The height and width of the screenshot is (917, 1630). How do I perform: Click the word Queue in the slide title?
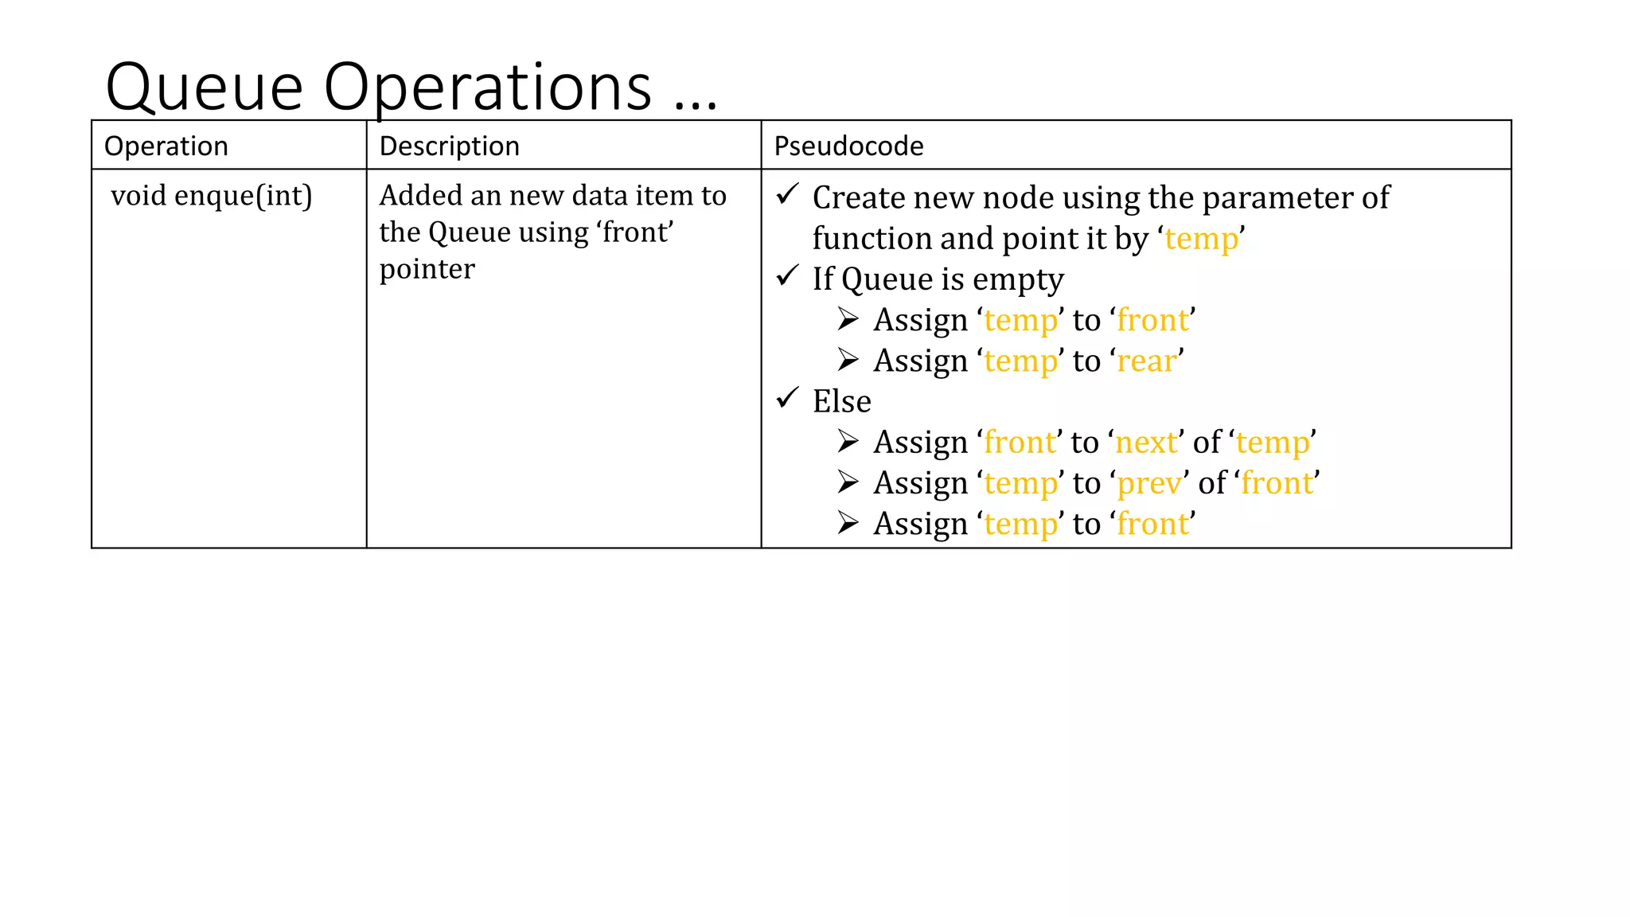pos(205,88)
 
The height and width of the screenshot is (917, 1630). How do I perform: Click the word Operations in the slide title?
pos(487,88)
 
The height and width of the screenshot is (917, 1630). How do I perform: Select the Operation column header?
pos(166,146)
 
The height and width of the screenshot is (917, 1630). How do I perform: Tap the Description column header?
pos(449,146)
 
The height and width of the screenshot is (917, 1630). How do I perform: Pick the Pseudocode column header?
pos(848,146)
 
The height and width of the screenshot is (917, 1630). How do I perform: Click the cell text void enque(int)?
pos(211,196)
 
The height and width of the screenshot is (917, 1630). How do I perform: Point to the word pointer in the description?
pos(427,269)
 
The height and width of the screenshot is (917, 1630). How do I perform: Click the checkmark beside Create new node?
pos(787,193)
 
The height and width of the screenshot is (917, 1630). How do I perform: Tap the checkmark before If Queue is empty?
pos(787,275)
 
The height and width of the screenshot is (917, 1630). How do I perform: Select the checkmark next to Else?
pos(787,397)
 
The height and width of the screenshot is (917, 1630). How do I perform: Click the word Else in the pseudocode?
pos(841,401)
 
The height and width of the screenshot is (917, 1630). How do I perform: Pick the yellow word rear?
pos(1147,361)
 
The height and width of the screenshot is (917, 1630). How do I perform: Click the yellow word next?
pos(1146,443)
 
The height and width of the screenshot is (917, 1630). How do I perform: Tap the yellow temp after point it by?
pos(1201,239)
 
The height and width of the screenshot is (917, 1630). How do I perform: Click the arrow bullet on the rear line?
pos(848,361)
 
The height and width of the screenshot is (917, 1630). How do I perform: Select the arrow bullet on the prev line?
pos(848,482)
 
